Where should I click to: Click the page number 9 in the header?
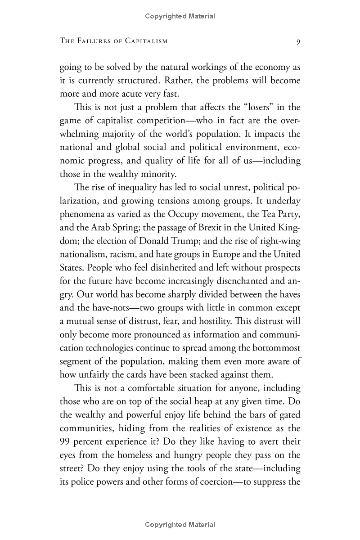pos(298,41)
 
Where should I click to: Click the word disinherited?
pos(166,267)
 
